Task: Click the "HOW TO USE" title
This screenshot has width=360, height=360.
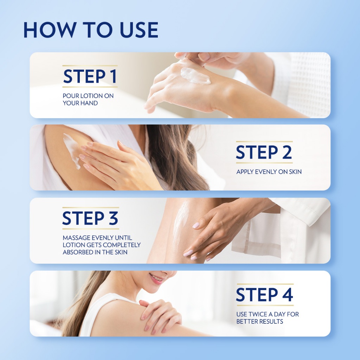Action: pyautogui.click(x=91, y=30)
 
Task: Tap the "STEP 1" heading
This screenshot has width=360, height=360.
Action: pyautogui.click(x=90, y=76)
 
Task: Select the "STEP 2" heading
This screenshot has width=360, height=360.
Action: pyautogui.click(x=264, y=152)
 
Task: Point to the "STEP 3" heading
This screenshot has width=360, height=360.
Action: pyautogui.click(x=90, y=218)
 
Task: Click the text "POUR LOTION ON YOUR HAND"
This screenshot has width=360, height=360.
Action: pyautogui.click(x=88, y=99)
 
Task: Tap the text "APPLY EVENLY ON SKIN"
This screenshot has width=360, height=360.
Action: pyautogui.click(x=269, y=172)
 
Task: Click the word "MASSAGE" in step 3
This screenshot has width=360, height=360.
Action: pyautogui.click(x=76, y=238)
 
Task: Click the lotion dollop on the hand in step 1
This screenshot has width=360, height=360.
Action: pyautogui.click(x=195, y=76)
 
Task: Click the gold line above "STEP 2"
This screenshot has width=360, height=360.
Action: pyautogui.click(x=264, y=142)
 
